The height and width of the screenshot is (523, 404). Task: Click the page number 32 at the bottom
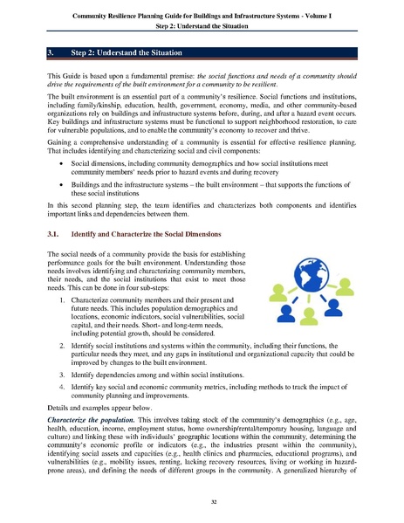click(202, 503)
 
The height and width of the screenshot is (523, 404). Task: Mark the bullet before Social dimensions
click(59, 163)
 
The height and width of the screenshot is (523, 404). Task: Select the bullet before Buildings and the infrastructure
click(59, 186)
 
